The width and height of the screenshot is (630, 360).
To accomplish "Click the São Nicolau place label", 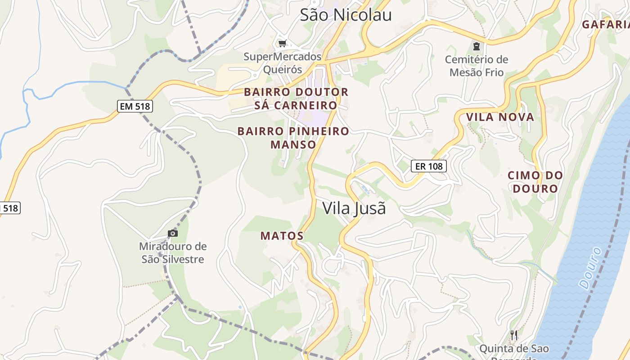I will [x=346, y=15].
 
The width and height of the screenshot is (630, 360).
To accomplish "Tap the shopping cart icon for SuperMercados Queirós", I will [x=282, y=44].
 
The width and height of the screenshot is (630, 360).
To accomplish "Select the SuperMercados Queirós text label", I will [x=283, y=63].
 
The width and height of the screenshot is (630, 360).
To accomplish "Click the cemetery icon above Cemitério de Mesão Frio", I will [x=477, y=46].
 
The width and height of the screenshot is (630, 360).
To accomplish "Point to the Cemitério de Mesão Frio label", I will [x=477, y=66].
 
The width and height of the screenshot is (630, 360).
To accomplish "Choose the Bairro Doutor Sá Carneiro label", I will [x=296, y=99].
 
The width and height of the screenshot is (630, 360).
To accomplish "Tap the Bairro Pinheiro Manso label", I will [x=293, y=138].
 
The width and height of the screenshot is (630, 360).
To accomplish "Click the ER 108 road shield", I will [x=429, y=166].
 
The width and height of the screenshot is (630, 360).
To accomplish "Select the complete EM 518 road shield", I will [x=135, y=106].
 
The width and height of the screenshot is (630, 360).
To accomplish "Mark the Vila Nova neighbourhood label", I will [x=500, y=117].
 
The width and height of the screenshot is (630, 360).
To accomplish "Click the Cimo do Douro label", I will [x=535, y=182].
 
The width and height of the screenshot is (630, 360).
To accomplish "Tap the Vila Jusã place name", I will [x=354, y=208].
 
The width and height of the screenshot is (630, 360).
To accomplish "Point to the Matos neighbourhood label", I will [x=282, y=236].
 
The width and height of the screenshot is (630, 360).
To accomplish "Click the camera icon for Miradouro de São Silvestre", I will [x=172, y=233].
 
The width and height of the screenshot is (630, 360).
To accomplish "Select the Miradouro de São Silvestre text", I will [x=173, y=253].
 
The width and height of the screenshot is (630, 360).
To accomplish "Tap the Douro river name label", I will [x=590, y=268].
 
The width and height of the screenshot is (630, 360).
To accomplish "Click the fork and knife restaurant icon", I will [x=513, y=335].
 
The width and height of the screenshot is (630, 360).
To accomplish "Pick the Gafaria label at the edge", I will [x=606, y=25].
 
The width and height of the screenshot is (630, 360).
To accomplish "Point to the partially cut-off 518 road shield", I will [x=9, y=208].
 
